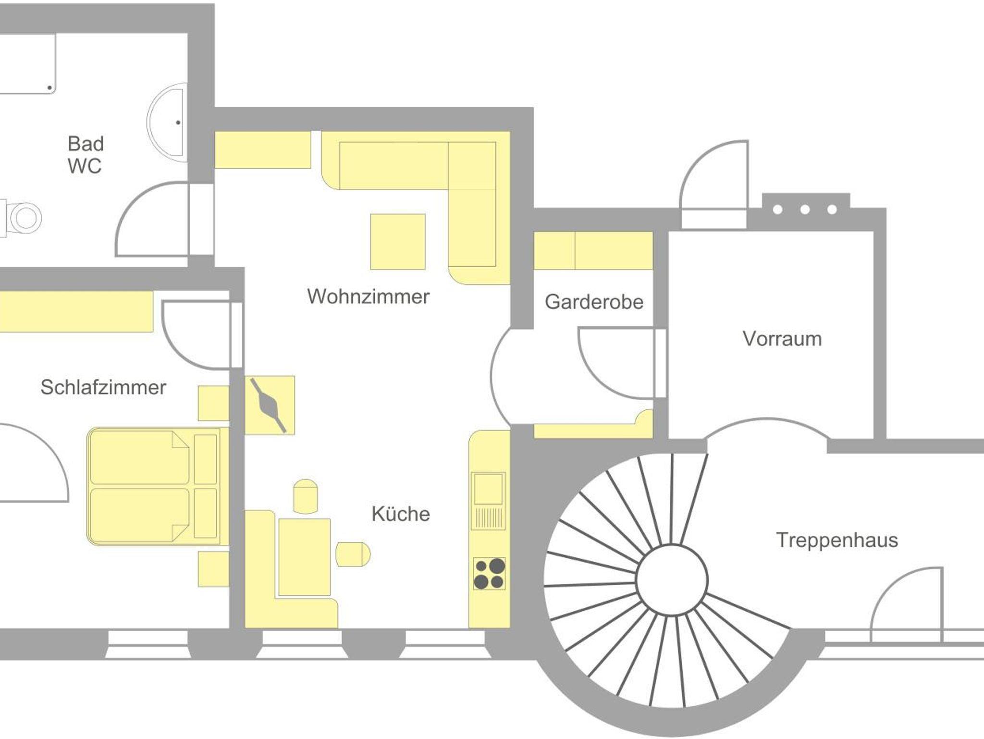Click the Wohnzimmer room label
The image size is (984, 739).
[368, 296]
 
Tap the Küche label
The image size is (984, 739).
[401, 514]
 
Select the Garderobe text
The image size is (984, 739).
[594, 302]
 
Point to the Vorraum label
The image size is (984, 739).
[782, 339]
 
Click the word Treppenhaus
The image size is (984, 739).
[837, 540]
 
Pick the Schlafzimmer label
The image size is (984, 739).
[103, 387]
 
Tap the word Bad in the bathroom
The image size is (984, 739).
[86, 144]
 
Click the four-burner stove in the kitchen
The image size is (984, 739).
[489, 573]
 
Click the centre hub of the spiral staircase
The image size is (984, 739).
[672, 580]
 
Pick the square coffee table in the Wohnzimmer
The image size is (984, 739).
[398, 242]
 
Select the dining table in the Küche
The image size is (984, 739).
[304, 557]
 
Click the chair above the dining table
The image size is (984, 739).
[306, 496]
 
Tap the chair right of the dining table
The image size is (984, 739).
[353, 554]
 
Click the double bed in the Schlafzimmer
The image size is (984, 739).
[154, 486]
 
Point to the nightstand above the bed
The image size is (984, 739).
[213, 403]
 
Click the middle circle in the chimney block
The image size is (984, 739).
[805, 209]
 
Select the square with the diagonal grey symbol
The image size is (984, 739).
[270, 405]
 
